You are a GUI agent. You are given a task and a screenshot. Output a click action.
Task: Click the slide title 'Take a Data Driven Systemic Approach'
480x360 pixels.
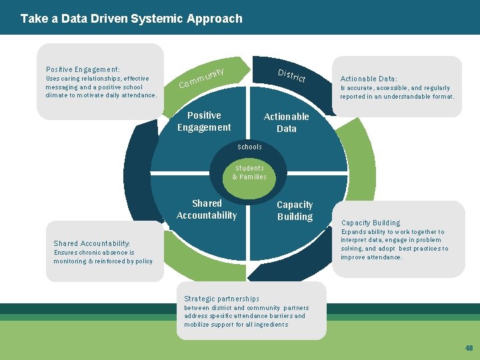click(131, 19)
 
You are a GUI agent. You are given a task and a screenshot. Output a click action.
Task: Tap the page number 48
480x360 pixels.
click(469, 349)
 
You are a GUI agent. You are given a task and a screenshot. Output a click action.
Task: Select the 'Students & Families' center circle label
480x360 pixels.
click(249, 173)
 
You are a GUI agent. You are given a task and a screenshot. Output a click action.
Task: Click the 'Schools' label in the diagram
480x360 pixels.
click(250, 147)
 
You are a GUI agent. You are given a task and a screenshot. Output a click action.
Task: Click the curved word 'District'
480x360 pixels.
click(291, 75)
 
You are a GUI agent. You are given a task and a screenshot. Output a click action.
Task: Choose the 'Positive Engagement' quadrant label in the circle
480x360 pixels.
click(204, 121)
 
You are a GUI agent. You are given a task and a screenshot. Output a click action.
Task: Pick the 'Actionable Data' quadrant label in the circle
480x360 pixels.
click(287, 123)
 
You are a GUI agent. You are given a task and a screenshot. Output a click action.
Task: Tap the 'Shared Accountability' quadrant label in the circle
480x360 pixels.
click(207, 209)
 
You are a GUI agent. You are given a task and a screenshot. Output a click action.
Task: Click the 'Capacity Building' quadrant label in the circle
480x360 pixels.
click(295, 211)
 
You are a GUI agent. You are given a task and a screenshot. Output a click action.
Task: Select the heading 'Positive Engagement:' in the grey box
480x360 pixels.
click(83, 69)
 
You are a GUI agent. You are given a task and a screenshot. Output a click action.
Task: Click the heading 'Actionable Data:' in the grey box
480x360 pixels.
click(369, 79)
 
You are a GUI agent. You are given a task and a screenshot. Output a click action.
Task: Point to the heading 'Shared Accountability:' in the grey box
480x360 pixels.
click(92, 243)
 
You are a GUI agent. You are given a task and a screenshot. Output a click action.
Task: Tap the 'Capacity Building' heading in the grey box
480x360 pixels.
click(371, 223)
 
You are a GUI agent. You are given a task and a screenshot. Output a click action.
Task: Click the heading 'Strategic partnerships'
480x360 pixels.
click(221, 299)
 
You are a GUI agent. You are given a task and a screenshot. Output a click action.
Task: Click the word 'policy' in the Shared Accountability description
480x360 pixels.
click(143, 261)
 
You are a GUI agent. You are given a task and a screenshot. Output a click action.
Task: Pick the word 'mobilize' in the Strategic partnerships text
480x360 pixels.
click(197, 325)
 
